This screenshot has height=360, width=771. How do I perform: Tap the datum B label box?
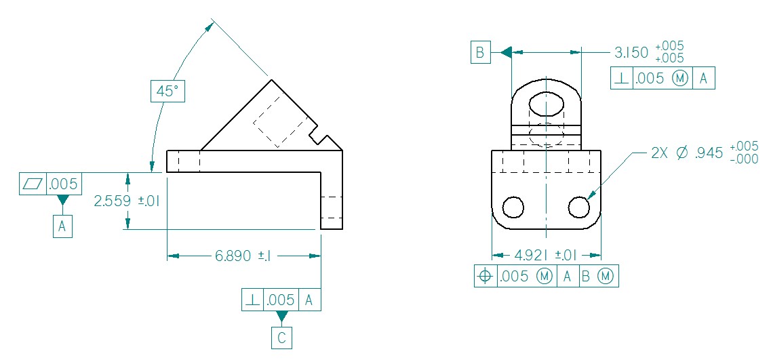480,52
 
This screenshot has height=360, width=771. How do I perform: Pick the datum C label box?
281,338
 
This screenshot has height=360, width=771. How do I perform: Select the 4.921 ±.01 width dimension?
546,256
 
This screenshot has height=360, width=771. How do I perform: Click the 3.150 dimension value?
631,52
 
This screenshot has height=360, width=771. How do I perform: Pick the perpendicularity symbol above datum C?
252,300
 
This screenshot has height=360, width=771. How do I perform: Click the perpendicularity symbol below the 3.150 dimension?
621,79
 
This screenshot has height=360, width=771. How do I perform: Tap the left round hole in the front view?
513,207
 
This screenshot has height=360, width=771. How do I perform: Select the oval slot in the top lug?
547,104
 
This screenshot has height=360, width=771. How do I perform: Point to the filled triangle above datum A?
62,201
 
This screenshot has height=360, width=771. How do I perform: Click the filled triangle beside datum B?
505,52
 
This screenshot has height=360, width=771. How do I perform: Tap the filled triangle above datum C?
281,317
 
